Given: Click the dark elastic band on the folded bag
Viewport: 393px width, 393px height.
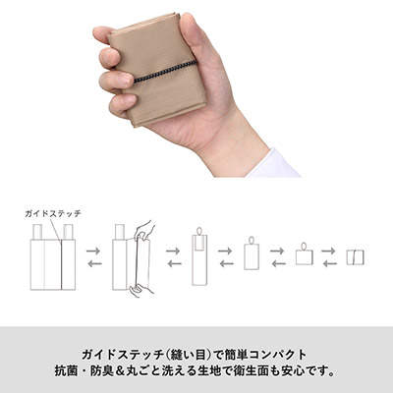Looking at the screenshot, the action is pos(165,72).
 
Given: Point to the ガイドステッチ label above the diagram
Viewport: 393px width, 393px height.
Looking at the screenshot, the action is pos(53,214).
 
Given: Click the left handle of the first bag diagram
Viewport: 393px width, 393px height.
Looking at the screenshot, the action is pos(37,232).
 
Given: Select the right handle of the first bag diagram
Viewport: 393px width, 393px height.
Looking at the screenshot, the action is pos(68,232).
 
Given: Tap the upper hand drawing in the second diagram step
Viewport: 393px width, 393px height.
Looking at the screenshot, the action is pos(144,230).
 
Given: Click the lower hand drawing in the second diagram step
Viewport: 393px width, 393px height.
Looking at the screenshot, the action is pos(140,289).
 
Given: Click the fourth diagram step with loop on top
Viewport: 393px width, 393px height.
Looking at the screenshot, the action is pos(252,253).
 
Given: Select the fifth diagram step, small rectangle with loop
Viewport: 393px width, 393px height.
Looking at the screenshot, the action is pos(305,253).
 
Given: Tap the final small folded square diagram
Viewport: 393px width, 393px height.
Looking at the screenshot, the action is pos(356,257).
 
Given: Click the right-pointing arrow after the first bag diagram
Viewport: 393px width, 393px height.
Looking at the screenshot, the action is pos(93,252).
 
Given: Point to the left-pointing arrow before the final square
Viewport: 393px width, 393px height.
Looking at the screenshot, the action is pos(329,263).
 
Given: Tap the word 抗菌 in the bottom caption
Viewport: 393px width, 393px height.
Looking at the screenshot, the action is pos(66,371).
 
